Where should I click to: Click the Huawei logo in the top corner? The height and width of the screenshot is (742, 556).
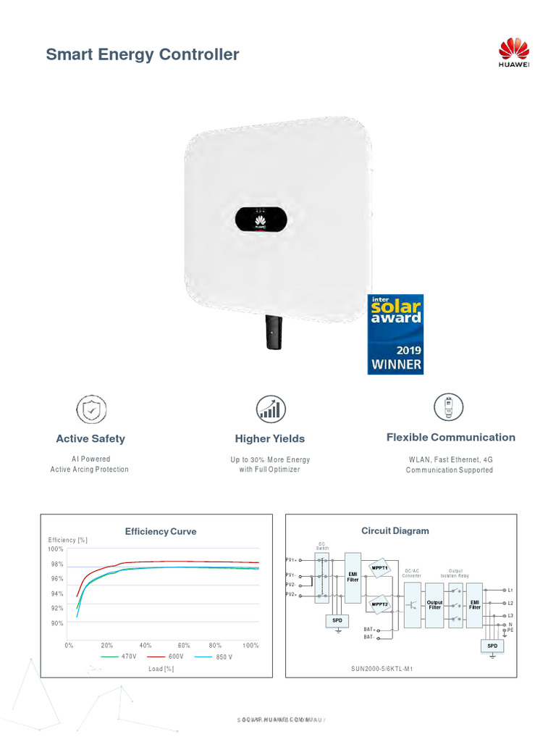pos(515,55)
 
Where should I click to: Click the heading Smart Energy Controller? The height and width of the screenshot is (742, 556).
pos(143,54)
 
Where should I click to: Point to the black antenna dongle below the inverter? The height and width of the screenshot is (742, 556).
pos(274,332)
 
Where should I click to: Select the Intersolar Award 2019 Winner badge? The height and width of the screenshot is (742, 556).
pos(396,333)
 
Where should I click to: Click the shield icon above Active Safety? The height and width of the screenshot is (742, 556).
pos(90,409)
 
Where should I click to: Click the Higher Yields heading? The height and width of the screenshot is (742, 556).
pos(270,438)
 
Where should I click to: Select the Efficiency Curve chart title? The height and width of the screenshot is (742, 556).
pos(161,531)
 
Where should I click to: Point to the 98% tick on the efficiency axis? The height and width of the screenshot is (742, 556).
pos(56,564)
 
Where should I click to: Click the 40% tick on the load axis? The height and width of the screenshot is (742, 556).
pos(145,645)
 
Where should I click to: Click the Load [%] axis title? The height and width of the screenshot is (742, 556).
pos(161,669)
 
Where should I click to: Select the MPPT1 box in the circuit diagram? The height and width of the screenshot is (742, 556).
pos(380,568)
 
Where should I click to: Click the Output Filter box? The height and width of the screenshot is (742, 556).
pos(434,604)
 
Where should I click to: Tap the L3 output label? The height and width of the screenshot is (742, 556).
pos(510,615)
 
